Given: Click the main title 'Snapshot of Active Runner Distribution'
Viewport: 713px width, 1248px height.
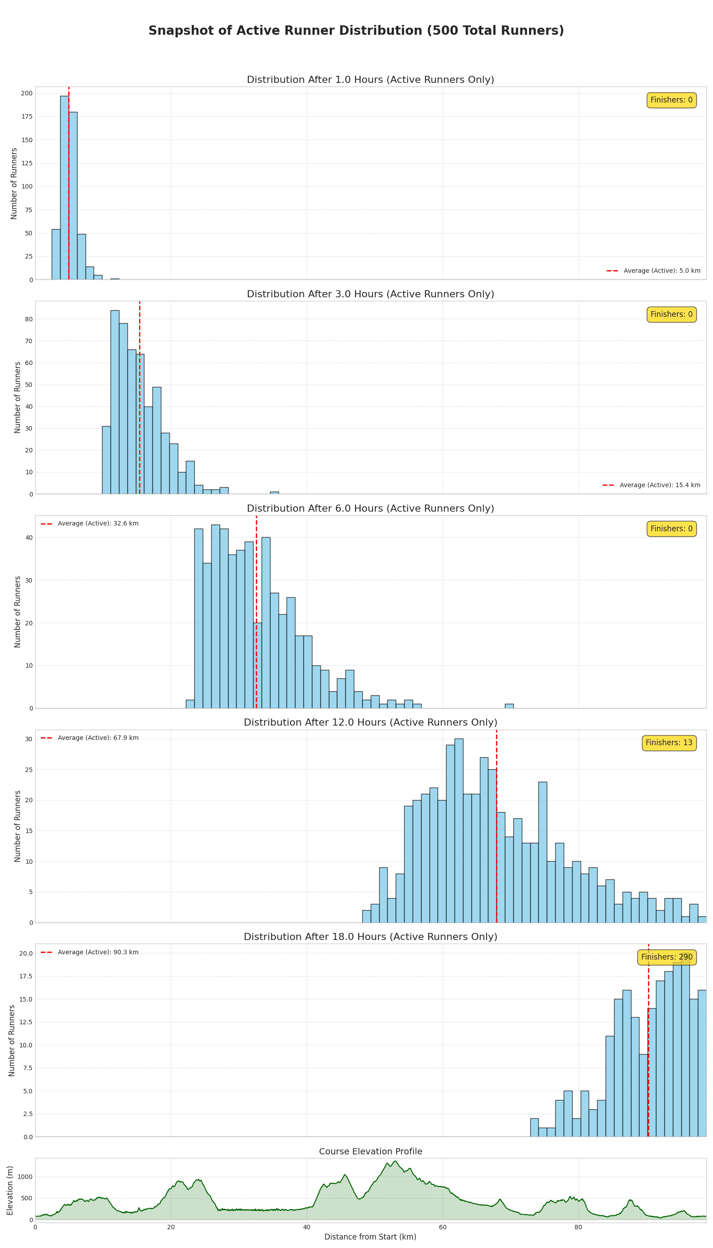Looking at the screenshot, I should pyautogui.click(x=356, y=31).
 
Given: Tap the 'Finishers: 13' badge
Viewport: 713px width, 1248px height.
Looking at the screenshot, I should pyautogui.click(x=669, y=743).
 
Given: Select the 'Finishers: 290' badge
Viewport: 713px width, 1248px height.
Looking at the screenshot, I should pyautogui.click(x=667, y=957).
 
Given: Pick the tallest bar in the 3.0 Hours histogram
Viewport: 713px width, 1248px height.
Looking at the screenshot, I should pyautogui.click(x=115, y=402).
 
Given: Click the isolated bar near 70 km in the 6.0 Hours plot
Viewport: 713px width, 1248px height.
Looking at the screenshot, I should pyautogui.click(x=509, y=706).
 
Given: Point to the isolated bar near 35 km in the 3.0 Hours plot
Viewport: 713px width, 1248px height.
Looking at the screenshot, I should pyautogui.click(x=274, y=492).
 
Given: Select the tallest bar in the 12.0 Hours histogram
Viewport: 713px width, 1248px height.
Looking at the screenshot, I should pyautogui.click(x=459, y=830).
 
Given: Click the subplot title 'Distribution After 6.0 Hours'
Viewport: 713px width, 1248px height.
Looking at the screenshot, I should pyautogui.click(x=370, y=509).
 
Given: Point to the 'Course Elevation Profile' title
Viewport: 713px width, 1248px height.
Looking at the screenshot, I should pyautogui.click(x=370, y=1152).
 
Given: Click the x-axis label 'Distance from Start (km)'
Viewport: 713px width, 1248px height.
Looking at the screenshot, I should pyautogui.click(x=370, y=1237).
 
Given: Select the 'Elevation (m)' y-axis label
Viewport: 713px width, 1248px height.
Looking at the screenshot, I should pyautogui.click(x=10, y=1190).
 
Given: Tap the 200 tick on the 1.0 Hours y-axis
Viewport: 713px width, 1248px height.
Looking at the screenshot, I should pyautogui.click(x=27, y=93).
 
